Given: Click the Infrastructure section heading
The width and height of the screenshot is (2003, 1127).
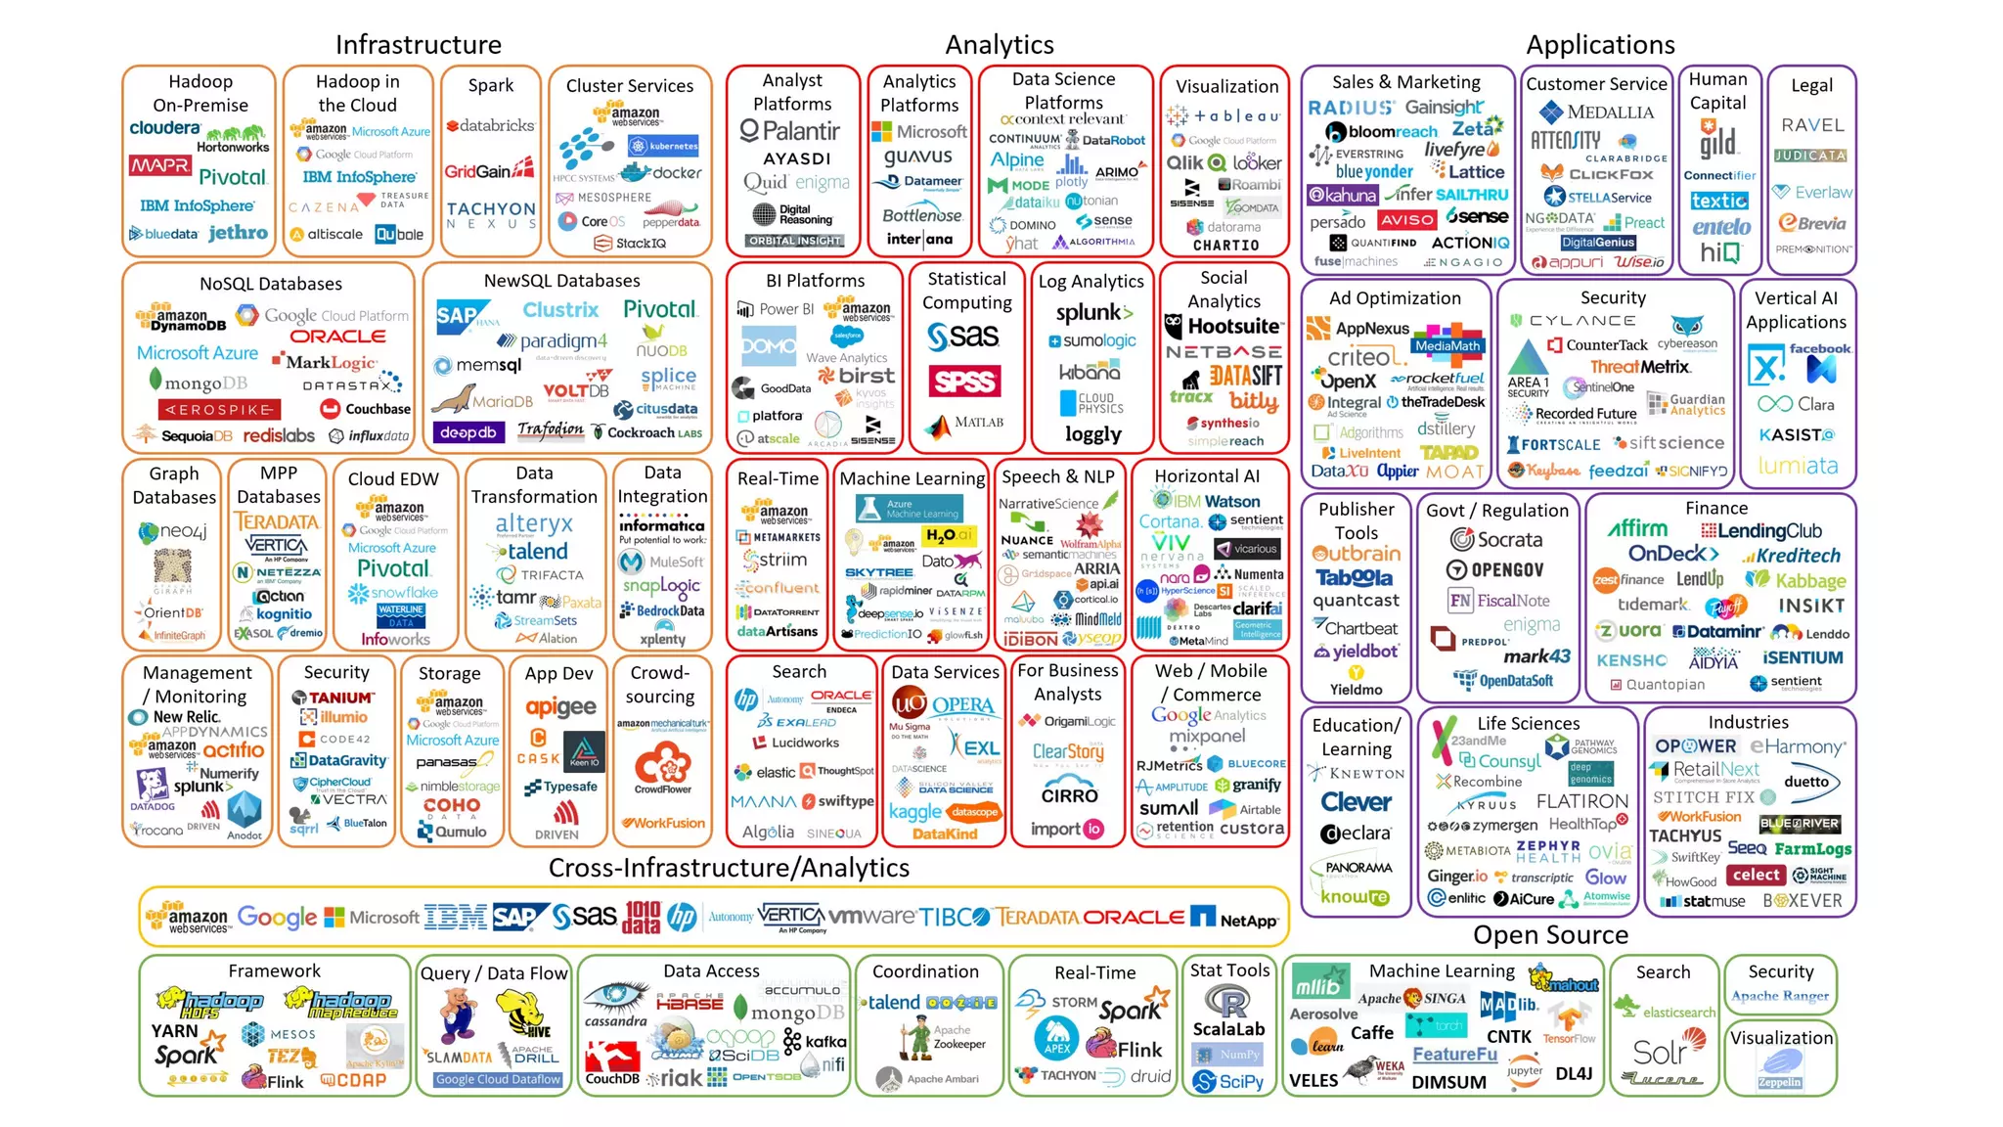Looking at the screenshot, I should coord(418,45).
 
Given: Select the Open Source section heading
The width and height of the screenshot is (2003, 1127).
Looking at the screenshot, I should coord(1550,935).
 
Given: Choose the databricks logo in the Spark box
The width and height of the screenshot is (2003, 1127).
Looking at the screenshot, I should coord(491,126).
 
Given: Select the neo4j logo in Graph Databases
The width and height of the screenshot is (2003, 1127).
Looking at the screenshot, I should coord(173,532).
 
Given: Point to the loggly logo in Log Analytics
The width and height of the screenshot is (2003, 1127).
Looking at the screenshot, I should coord(1092,434).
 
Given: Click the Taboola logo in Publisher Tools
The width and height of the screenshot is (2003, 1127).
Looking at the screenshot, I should coord(1354,578).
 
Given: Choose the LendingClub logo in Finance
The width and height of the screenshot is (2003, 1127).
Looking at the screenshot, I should coord(1761,531).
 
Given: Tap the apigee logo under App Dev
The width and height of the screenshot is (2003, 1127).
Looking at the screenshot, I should coord(560,707).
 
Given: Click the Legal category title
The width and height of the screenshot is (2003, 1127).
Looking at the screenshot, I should coord(1811,85).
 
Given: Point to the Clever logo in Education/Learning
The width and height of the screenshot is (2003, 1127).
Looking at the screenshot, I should coord(1356,802).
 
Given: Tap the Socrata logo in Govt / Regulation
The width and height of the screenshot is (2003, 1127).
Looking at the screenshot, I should coord(1496,539).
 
